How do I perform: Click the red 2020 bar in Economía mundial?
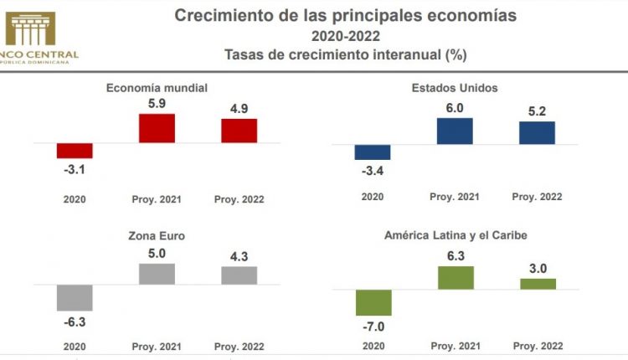click(75, 151)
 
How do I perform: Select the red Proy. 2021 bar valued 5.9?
click(157, 128)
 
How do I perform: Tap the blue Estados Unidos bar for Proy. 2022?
click(537, 133)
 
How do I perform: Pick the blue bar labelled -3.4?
click(373, 152)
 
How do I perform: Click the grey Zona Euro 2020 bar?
click(75, 297)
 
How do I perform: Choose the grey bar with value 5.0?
click(157, 274)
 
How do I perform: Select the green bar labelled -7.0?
click(373, 303)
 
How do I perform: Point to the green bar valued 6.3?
click(455, 278)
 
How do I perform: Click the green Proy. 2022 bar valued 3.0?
click(537, 284)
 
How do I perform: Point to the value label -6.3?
click(74, 321)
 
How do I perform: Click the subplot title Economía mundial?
click(157, 87)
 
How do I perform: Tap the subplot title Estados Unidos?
click(455, 87)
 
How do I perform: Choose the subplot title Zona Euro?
click(157, 236)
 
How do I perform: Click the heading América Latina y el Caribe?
click(455, 236)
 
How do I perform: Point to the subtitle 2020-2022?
click(345, 35)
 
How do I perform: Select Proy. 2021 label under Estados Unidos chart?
click(455, 198)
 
